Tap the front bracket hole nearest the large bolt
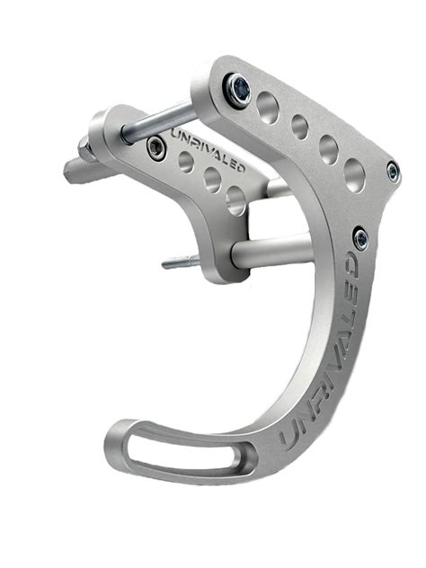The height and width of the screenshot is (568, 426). pyautogui.click(x=268, y=108)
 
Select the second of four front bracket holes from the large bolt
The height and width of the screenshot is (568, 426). pyautogui.click(x=300, y=127)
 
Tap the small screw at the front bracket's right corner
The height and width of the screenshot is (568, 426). pyautogui.click(x=394, y=171)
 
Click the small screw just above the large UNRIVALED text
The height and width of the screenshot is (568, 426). pyautogui.click(x=360, y=238)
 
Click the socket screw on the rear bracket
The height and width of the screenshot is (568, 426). pyautogui.click(x=156, y=147)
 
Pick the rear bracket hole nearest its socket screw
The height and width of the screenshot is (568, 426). pyautogui.click(x=185, y=162)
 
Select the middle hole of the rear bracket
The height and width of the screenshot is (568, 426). pyautogui.click(x=212, y=179)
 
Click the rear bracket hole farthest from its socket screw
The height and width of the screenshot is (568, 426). pyautogui.click(x=236, y=199)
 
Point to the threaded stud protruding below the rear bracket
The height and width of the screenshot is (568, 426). pyautogui.click(x=179, y=262)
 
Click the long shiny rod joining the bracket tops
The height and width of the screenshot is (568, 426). pyautogui.click(x=158, y=116)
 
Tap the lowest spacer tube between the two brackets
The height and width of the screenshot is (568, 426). pyautogui.click(x=270, y=249)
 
